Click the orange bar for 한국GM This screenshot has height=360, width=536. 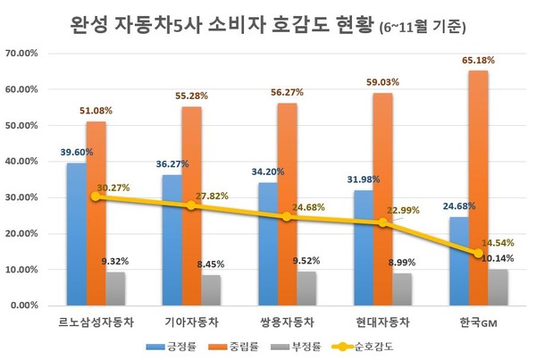478,188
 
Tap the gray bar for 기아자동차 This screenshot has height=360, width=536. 212,289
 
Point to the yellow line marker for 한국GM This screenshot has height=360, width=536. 478,253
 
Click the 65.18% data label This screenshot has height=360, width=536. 478,61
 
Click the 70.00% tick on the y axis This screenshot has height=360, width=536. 21,54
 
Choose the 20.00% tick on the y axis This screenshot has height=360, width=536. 21,234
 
